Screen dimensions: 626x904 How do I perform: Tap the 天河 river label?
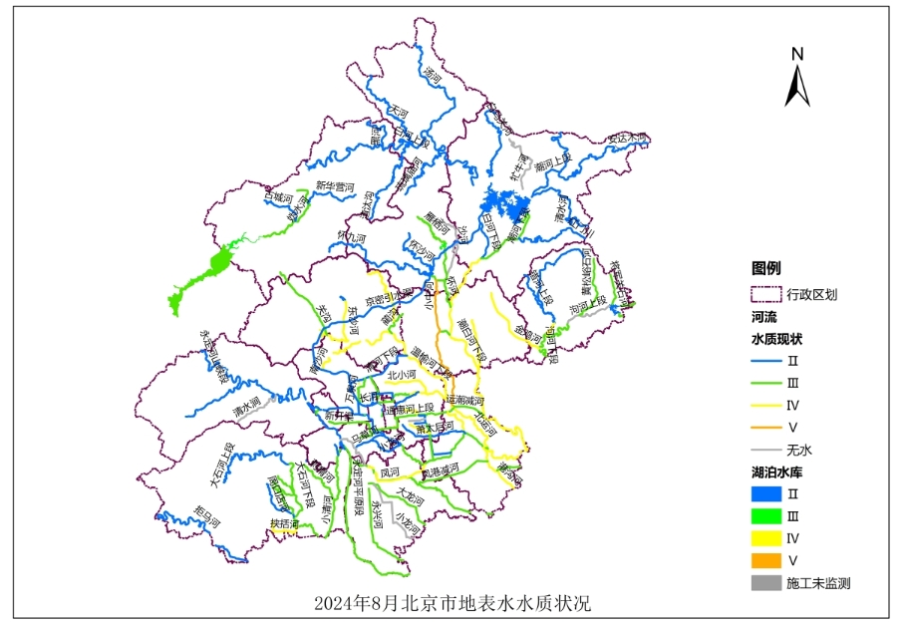click(x=400, y=113)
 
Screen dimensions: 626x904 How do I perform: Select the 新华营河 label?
click(x=336, y=186)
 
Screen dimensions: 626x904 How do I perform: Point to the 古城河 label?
click(x=280, y=196)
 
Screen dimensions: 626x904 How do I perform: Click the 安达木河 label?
click(x=628, y=138)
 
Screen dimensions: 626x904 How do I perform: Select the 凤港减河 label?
click(x=439, y=469)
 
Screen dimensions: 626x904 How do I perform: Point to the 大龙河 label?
click(x=411, y=494)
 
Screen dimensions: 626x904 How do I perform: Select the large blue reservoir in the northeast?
click(x=505, y=207)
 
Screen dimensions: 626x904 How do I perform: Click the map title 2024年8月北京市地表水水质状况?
click(x=452, y=604)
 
